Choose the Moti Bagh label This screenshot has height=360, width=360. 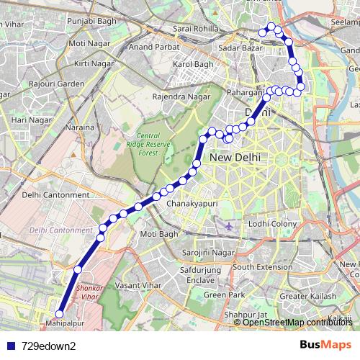pos(158,235)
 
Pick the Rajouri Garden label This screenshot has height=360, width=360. pos(61,82)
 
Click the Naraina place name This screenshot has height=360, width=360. pos(82,127)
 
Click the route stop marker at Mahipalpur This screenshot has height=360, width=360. pos(60,314)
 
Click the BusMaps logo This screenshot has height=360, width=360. pos(325,345)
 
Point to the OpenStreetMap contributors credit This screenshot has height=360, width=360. pos(297,322)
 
